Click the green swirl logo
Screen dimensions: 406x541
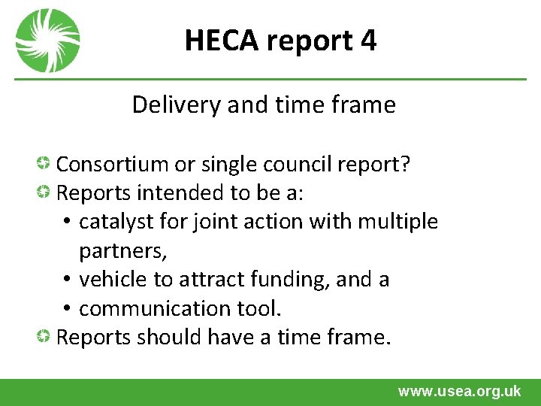[47, 41]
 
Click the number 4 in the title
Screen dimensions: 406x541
[368, 41]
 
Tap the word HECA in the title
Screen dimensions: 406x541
[220, 41]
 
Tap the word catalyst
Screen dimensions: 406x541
[112, 222]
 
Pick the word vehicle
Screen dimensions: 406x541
[113, 280]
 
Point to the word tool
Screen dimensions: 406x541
[277, 308]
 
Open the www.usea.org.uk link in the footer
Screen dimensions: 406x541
[459, 391]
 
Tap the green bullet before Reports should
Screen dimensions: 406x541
[45, 337]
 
